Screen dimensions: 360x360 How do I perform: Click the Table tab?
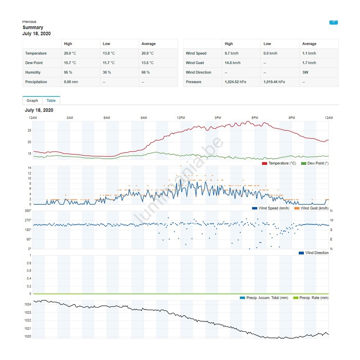coord(51,100)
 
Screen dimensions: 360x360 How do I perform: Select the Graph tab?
coord(32,100)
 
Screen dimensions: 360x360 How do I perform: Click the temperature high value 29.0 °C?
coord(70,53)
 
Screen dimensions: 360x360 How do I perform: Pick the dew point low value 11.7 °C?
coord(109,63)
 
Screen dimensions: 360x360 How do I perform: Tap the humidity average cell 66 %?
coord(145,72)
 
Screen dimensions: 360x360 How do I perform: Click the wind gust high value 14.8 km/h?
coord(233,63)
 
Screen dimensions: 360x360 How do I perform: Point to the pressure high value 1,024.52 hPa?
coord(235,82)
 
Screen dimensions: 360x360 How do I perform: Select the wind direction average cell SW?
coord(305,72)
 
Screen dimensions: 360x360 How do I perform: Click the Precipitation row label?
coord(36,82)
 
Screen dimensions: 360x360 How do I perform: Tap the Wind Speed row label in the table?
coord(196,53)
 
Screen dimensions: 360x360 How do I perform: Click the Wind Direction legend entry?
coord(314,253)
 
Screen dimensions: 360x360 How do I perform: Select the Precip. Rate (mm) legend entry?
coord(311,298)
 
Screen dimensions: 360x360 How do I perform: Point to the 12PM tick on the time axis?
coord(181,118)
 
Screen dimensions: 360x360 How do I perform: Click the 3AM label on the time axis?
coord(70,118)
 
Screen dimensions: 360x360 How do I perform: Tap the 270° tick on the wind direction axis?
coord(28,220)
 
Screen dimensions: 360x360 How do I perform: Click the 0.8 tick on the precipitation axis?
coord(29,263)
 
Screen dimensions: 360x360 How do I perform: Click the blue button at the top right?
coord(334,21)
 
